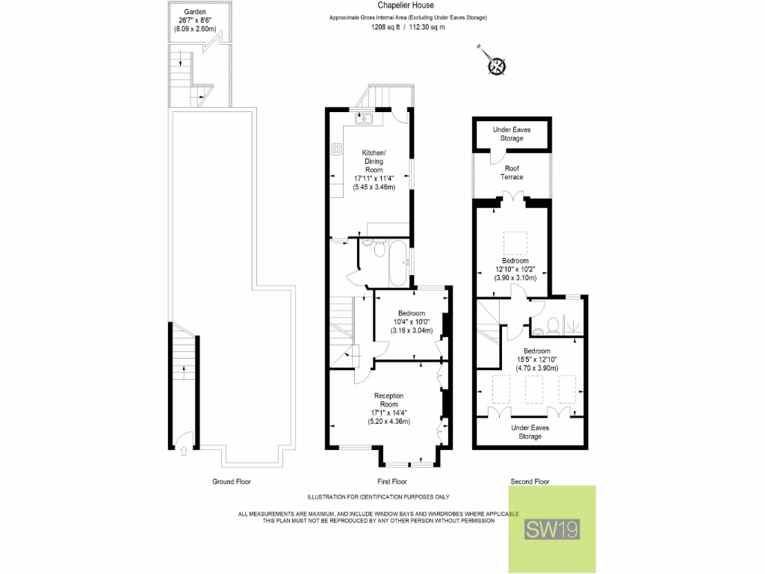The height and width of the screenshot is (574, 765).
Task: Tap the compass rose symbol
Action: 497,66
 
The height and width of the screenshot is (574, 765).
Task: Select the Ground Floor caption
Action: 232,482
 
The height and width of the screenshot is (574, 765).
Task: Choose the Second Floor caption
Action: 530,482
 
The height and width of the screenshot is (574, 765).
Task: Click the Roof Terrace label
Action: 512,173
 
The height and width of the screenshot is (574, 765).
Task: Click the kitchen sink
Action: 365,117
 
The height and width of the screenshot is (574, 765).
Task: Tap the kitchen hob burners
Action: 335,149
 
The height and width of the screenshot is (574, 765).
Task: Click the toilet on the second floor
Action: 552,324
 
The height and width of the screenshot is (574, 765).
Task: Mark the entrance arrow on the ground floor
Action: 183,450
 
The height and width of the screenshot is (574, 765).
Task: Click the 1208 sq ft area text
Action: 408,27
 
